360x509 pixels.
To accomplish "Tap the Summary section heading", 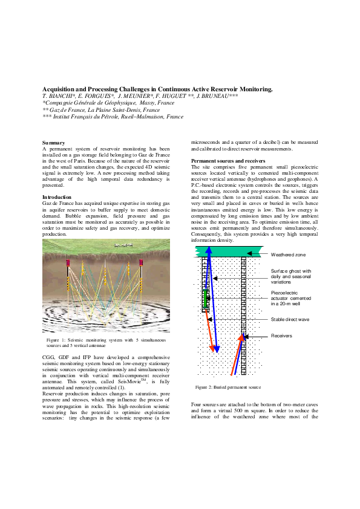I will [53, 143].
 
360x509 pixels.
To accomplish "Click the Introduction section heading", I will [56, 198].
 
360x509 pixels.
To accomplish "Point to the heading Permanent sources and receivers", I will [226, 160].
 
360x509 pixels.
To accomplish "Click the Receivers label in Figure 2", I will [282, 335].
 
